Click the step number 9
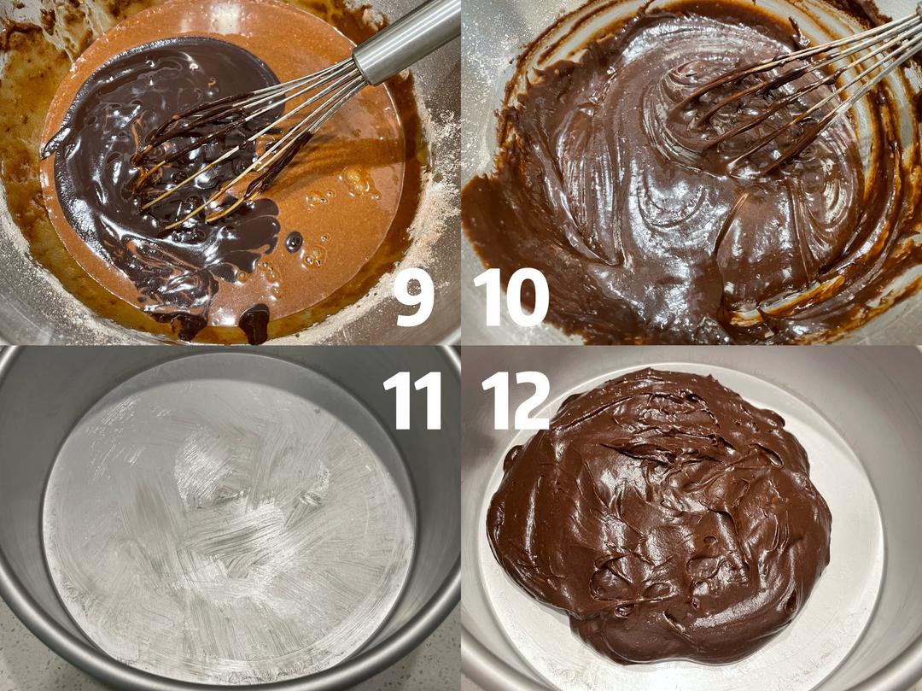click(415, 297)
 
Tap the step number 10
click(511, 297)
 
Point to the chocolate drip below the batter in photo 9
click(254, 324)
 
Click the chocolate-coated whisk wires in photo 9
click(218, 153)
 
